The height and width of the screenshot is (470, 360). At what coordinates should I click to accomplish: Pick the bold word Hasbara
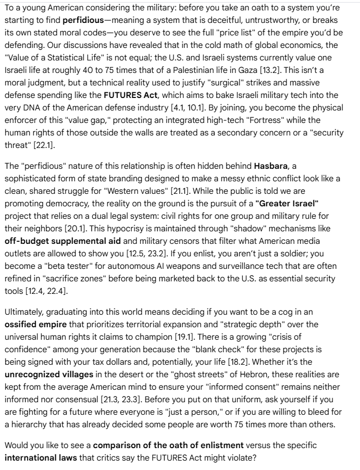click(x=271, y=166)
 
